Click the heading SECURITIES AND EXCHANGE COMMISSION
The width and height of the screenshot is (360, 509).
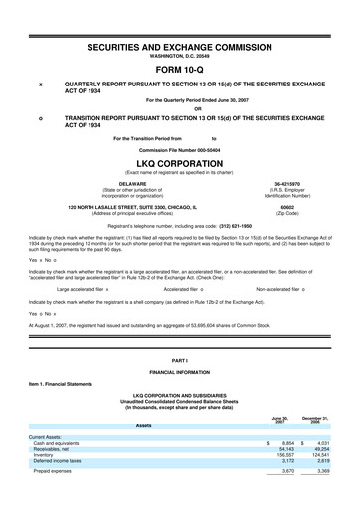pyautogui.click(x=179, y=47)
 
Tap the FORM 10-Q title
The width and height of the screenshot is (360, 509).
pyautogui.click(x=179, y=71)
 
